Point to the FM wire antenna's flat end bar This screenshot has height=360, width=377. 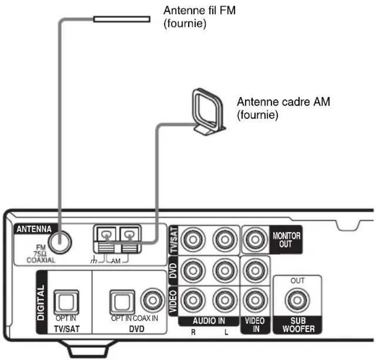122,19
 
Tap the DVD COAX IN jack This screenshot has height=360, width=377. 153,301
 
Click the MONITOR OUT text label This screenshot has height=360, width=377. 286,240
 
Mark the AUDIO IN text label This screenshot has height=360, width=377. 209,321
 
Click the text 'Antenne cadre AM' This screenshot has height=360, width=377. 283,103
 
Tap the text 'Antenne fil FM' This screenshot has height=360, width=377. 200,10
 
